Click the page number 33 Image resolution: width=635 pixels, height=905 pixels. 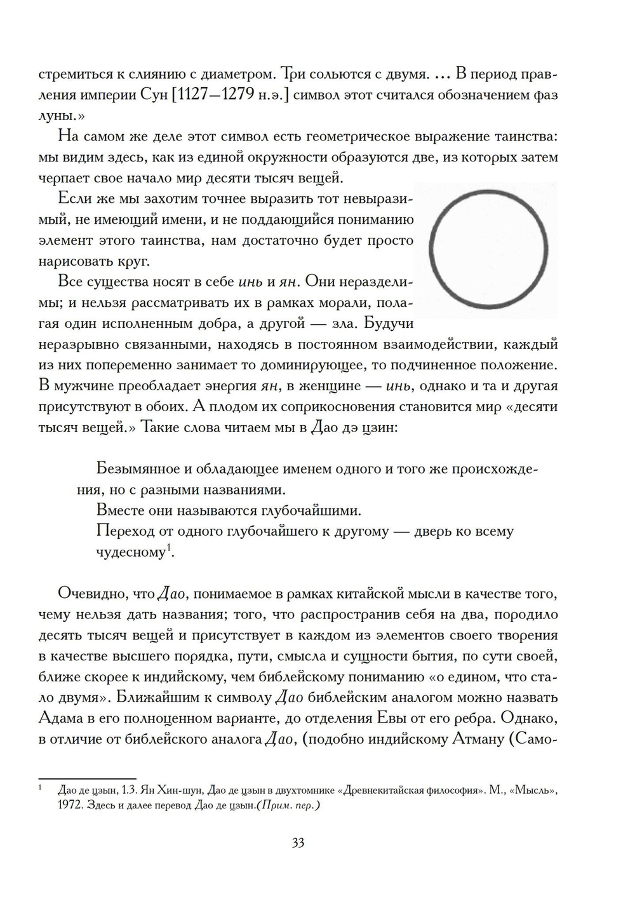coord(298,843)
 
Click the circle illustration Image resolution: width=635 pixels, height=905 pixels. coord(488,249)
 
